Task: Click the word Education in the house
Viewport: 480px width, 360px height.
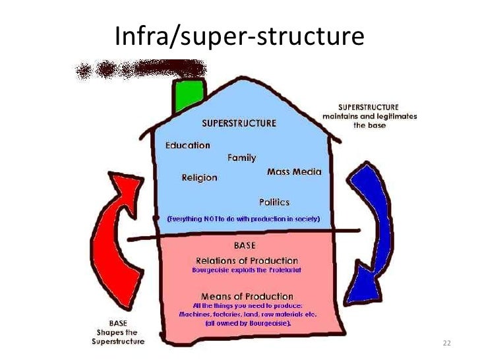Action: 188,145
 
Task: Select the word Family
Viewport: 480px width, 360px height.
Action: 241,158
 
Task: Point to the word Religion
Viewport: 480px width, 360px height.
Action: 199,177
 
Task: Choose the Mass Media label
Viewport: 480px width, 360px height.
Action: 294,171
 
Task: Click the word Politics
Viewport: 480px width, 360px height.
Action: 274,202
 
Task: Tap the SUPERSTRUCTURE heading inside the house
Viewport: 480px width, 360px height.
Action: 239,123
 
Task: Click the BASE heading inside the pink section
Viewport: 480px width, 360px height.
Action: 245,245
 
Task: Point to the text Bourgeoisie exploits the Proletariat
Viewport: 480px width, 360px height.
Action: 247,270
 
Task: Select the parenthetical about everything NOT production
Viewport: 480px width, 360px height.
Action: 243,218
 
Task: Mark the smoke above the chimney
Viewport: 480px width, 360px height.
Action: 142,69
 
